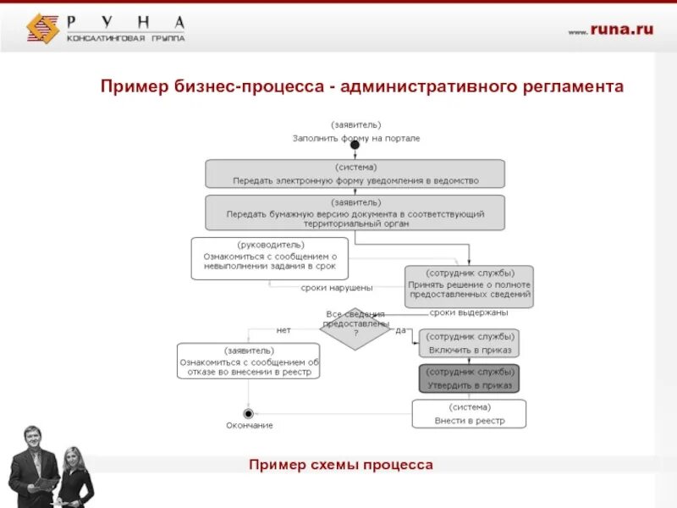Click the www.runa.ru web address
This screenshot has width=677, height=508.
610,30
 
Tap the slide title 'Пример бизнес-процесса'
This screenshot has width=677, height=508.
362,86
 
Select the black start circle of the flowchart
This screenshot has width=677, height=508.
355,145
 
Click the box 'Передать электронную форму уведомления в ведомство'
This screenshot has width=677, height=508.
355,174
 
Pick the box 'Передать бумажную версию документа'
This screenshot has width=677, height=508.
355,213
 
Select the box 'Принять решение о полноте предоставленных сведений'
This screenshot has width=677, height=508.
469,284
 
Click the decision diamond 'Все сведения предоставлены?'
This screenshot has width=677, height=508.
355,328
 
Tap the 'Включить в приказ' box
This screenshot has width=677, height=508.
468,343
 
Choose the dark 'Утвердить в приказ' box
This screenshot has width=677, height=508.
468,378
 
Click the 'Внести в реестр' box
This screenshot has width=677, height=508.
468,414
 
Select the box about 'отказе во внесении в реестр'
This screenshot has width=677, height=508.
249,361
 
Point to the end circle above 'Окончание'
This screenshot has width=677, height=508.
249,412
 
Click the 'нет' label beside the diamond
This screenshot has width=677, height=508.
283,329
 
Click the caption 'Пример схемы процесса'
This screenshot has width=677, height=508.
341,465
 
